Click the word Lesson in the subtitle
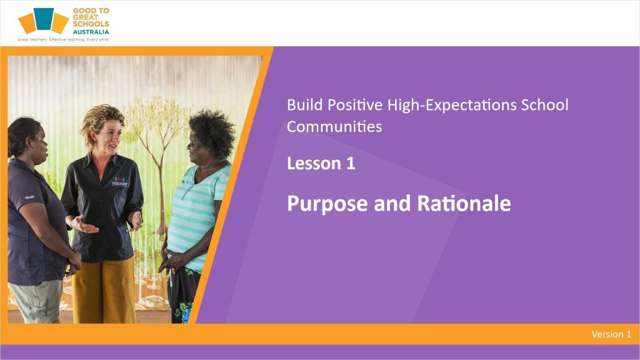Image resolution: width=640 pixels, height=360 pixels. pyautogui.click(x=314, y=163)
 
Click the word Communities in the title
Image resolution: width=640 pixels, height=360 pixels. pyautogui.click(x=334, y=126)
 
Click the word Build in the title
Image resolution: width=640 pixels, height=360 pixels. pyautogui.click(x=304, y=105)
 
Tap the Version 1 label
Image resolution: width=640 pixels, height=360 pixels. pyautogui.click(x=611, y=334)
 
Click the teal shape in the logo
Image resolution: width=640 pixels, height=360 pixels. pyautogui.click(x=43, y=19)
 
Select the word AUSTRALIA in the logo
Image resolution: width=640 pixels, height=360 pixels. pyautogui.click(x=91, y=32)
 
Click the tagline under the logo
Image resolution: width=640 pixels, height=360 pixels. pyautogui.click(x=63, y=39)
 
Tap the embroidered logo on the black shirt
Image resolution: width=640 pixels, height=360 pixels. pyautogui.click(x=119, y=182)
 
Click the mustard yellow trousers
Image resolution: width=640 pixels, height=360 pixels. pyautogui.click(x=104, y=291)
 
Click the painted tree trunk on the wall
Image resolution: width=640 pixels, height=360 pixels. pyautogui.click(x=161, y=184)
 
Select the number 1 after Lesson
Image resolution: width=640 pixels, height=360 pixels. pyautogui.click(x=351, y=163)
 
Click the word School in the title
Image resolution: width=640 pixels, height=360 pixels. pyautogui.click(x=544, y=105)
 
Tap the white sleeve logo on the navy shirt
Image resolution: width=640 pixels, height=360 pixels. pyautogui.click(x=29, y=197)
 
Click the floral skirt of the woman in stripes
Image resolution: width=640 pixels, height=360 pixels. pyautogui.click(x=183, y=295)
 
